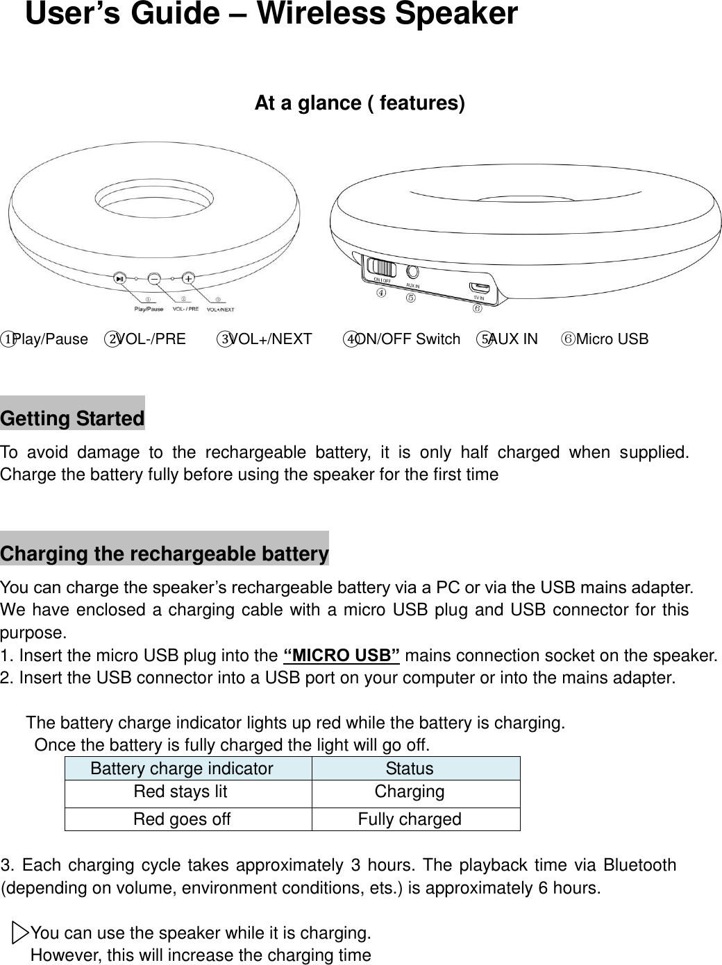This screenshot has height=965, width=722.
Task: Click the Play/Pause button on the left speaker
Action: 121,278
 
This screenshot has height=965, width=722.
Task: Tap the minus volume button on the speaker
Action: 154,278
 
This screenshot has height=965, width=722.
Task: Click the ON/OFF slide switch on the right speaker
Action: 381,268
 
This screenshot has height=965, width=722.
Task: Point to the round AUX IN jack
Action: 413,272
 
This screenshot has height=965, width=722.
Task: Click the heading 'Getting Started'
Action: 72,418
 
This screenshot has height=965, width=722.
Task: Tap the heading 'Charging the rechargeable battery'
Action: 165,554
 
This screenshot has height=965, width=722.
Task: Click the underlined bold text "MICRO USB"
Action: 342,656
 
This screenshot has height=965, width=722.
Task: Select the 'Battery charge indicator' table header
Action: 182,769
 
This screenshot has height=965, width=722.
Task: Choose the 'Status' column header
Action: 410,769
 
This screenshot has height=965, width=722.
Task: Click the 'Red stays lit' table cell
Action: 180,792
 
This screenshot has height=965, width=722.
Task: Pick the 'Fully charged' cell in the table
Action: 410,819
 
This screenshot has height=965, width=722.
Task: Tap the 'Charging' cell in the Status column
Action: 410,792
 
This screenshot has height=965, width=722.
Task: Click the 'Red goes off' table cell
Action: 182,819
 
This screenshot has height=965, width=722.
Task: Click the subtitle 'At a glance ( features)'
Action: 360,103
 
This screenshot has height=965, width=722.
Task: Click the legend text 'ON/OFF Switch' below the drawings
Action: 408,339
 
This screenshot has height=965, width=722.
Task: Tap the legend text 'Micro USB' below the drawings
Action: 612,339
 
